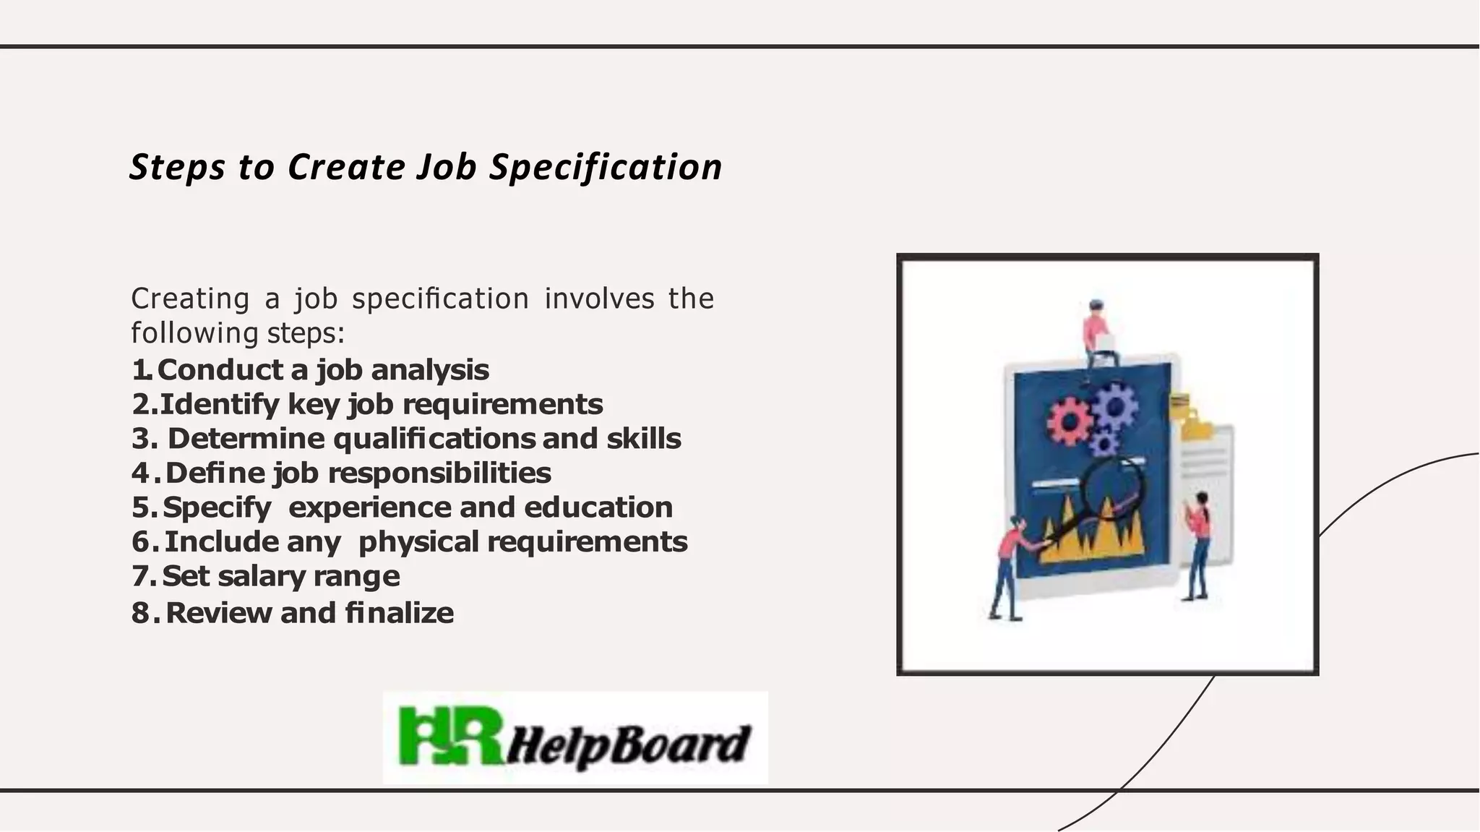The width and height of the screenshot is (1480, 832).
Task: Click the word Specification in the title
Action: pos(606,168)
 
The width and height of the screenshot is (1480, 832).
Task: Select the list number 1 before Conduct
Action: pos(139,370)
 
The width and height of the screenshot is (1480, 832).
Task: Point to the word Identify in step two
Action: pos(219,404)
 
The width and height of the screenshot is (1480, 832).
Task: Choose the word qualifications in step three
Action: pos(434,439)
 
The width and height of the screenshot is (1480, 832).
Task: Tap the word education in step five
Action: pos(598,507)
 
